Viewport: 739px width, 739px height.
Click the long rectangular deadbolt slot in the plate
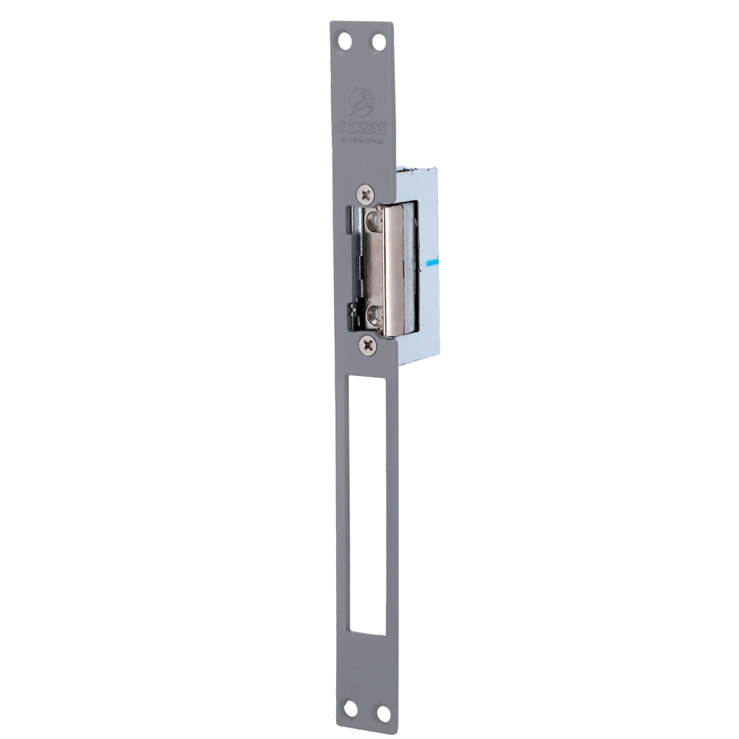coord(363,503)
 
